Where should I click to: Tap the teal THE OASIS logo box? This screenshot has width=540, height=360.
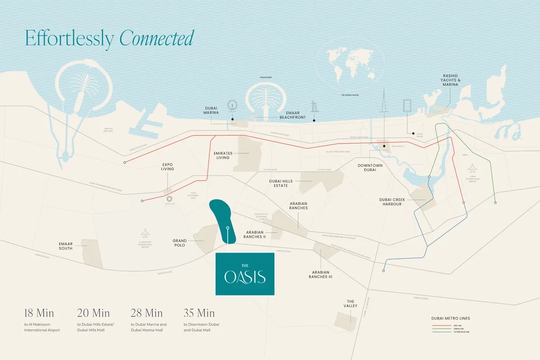[245, 274]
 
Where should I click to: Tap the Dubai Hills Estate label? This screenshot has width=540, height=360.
[281, 184]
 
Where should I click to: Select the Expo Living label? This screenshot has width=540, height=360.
[167, 166]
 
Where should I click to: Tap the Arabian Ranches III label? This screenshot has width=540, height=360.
[320, 274]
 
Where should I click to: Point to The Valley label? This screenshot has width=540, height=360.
[351, 304]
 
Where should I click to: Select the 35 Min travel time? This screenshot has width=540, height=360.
[199, 313]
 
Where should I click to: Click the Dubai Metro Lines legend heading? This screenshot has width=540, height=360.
[450, 319]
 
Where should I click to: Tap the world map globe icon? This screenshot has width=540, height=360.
[350, 67]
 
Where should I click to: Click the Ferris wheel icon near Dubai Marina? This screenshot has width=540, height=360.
[232, 106]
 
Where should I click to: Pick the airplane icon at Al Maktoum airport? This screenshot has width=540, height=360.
[145, 233]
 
